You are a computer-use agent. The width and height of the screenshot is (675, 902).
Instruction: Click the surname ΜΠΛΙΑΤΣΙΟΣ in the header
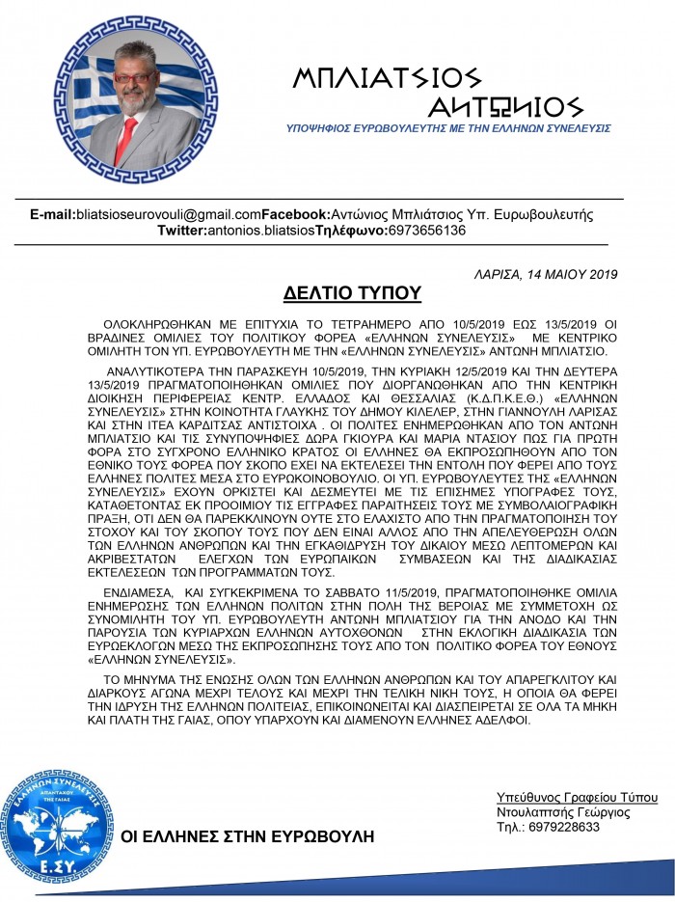[386, 78]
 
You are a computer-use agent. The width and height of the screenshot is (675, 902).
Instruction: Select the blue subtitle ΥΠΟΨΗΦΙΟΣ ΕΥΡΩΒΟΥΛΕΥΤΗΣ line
[448, 128]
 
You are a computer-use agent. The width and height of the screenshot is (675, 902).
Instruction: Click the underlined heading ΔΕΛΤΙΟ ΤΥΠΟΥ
[352, 293]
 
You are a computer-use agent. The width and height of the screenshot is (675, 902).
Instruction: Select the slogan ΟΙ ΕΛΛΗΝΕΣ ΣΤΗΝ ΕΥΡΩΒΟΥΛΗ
[247, 835]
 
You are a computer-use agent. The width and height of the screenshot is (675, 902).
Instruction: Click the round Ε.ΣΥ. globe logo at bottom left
[61, 823]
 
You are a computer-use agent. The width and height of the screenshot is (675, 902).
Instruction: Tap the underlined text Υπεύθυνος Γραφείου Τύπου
[577, 798]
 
